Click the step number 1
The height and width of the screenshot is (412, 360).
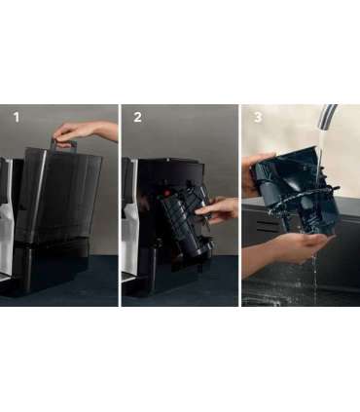click(x=17, y=117)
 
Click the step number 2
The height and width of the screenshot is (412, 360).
click(x=137, y=117)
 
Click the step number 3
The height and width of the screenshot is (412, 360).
click(x=258, y=117)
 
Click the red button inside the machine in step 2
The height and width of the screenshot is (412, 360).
click(x=166, y=193)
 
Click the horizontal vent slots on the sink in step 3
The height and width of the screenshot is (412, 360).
click(x=267, y=226)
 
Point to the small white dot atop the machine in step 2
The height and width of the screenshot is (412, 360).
click(x=167, y=160)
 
